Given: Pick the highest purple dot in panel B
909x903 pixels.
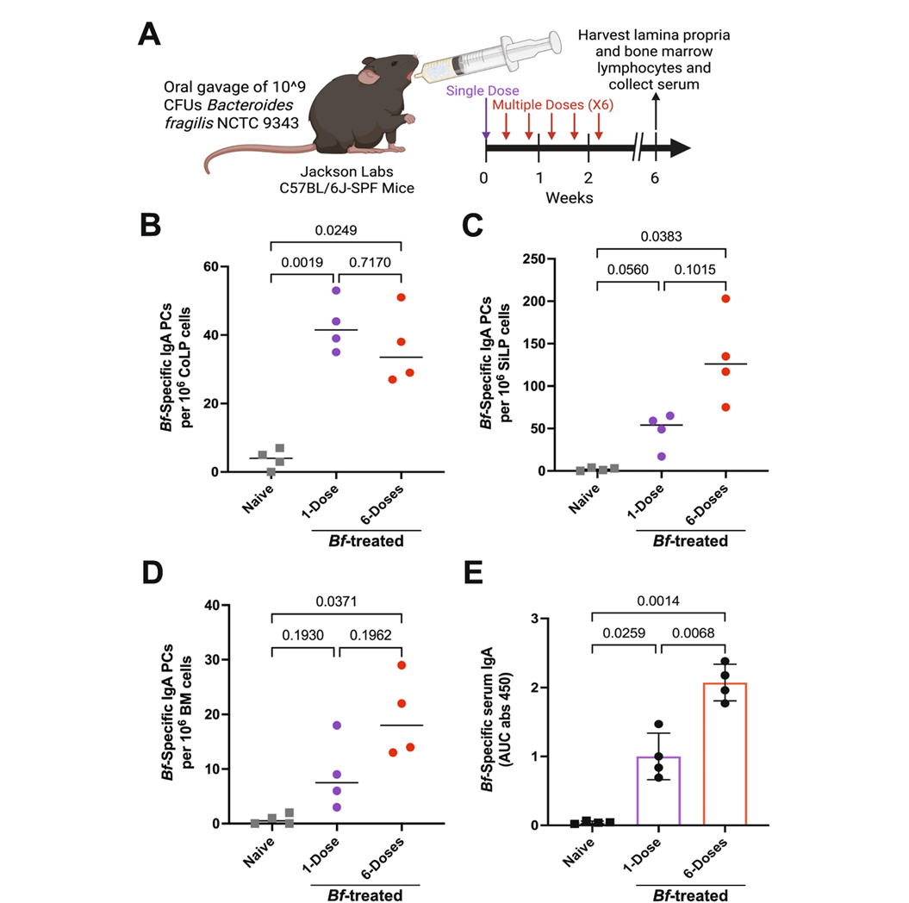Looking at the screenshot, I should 335,290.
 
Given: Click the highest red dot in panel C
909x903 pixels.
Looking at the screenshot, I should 725,299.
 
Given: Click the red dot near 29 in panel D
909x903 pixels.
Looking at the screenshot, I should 402,665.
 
